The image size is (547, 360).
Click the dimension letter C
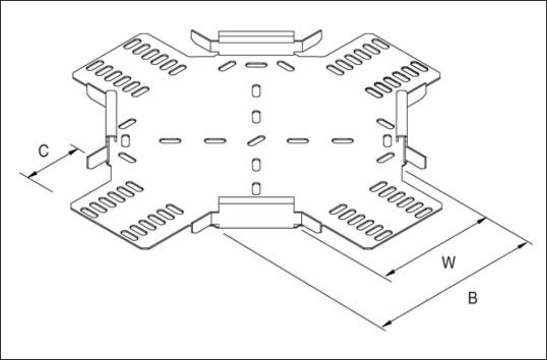[44, 151]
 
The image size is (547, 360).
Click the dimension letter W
[449, 262]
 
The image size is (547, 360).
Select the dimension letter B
[472, 299]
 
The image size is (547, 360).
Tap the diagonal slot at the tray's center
[256, 141]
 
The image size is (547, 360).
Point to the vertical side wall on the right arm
[401, 113]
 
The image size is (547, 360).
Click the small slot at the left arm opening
[126, 141]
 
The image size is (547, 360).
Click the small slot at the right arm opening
[387, 140]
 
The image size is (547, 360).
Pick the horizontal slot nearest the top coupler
[256, 65]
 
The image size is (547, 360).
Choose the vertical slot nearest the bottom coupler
[256, 188]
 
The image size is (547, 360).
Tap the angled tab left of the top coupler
[201, 40]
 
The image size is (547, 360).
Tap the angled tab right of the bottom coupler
[311, 222]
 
